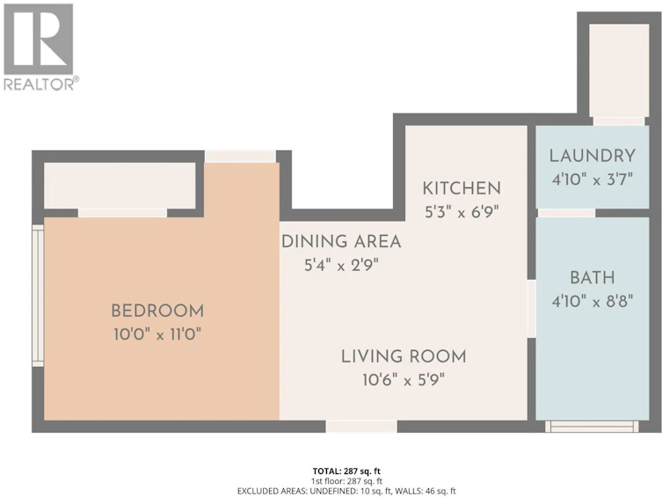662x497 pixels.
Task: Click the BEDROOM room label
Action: coord(157,311)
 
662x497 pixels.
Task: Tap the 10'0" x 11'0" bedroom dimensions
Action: coord(157,335)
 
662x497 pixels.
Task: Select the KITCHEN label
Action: coord(462,188)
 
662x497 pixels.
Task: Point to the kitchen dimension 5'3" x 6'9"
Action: coord(462,212)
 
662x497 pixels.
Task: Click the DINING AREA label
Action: coord(341,242)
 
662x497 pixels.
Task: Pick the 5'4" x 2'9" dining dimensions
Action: coord(342,266)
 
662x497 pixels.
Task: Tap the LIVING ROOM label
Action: coord(404,357)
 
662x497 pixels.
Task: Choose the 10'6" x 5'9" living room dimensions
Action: coord(404,381)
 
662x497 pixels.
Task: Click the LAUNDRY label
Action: coord(593,157)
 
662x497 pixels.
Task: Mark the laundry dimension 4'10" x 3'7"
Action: coord(593,179)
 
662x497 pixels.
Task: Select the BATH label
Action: coord(593,278)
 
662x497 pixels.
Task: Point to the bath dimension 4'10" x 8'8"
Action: coord(593,302)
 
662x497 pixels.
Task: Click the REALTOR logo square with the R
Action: coord(38,39)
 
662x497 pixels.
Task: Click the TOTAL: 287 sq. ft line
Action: coord(346,471)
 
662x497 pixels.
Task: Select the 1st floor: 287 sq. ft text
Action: coord(346,481)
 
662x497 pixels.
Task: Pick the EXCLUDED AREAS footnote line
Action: coord(346,491)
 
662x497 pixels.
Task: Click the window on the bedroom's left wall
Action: coord(39,296)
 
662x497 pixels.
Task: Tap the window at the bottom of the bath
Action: coord(592,427)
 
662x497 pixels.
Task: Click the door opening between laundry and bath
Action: coord(566,213)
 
